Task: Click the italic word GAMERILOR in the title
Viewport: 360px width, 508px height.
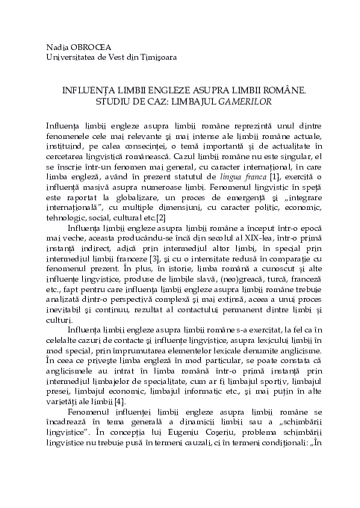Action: coord(238,99)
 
